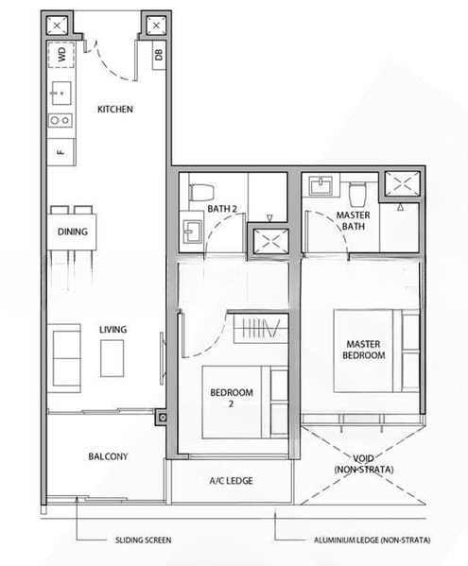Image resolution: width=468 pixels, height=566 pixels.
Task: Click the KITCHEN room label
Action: pos(115,110)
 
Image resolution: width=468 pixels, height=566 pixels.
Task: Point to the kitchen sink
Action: pos(60,93)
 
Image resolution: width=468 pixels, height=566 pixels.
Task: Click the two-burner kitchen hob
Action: pos(60,120)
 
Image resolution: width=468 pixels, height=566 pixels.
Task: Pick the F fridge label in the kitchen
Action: pos(60,151)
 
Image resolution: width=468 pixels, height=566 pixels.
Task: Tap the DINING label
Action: pos(72,232)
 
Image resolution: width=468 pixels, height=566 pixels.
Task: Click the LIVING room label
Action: pos(113,330)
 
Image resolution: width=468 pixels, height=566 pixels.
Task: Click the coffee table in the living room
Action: pos(113,357)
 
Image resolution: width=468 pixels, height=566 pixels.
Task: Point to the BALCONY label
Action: pos(108,456)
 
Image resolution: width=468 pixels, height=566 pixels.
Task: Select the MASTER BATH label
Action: pos(354,220)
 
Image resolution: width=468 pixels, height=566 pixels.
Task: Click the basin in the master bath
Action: pos(324,184)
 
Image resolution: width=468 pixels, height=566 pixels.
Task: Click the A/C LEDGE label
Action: pos(231,481)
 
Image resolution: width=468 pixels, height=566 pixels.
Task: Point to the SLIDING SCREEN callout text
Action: pos(141,541)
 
